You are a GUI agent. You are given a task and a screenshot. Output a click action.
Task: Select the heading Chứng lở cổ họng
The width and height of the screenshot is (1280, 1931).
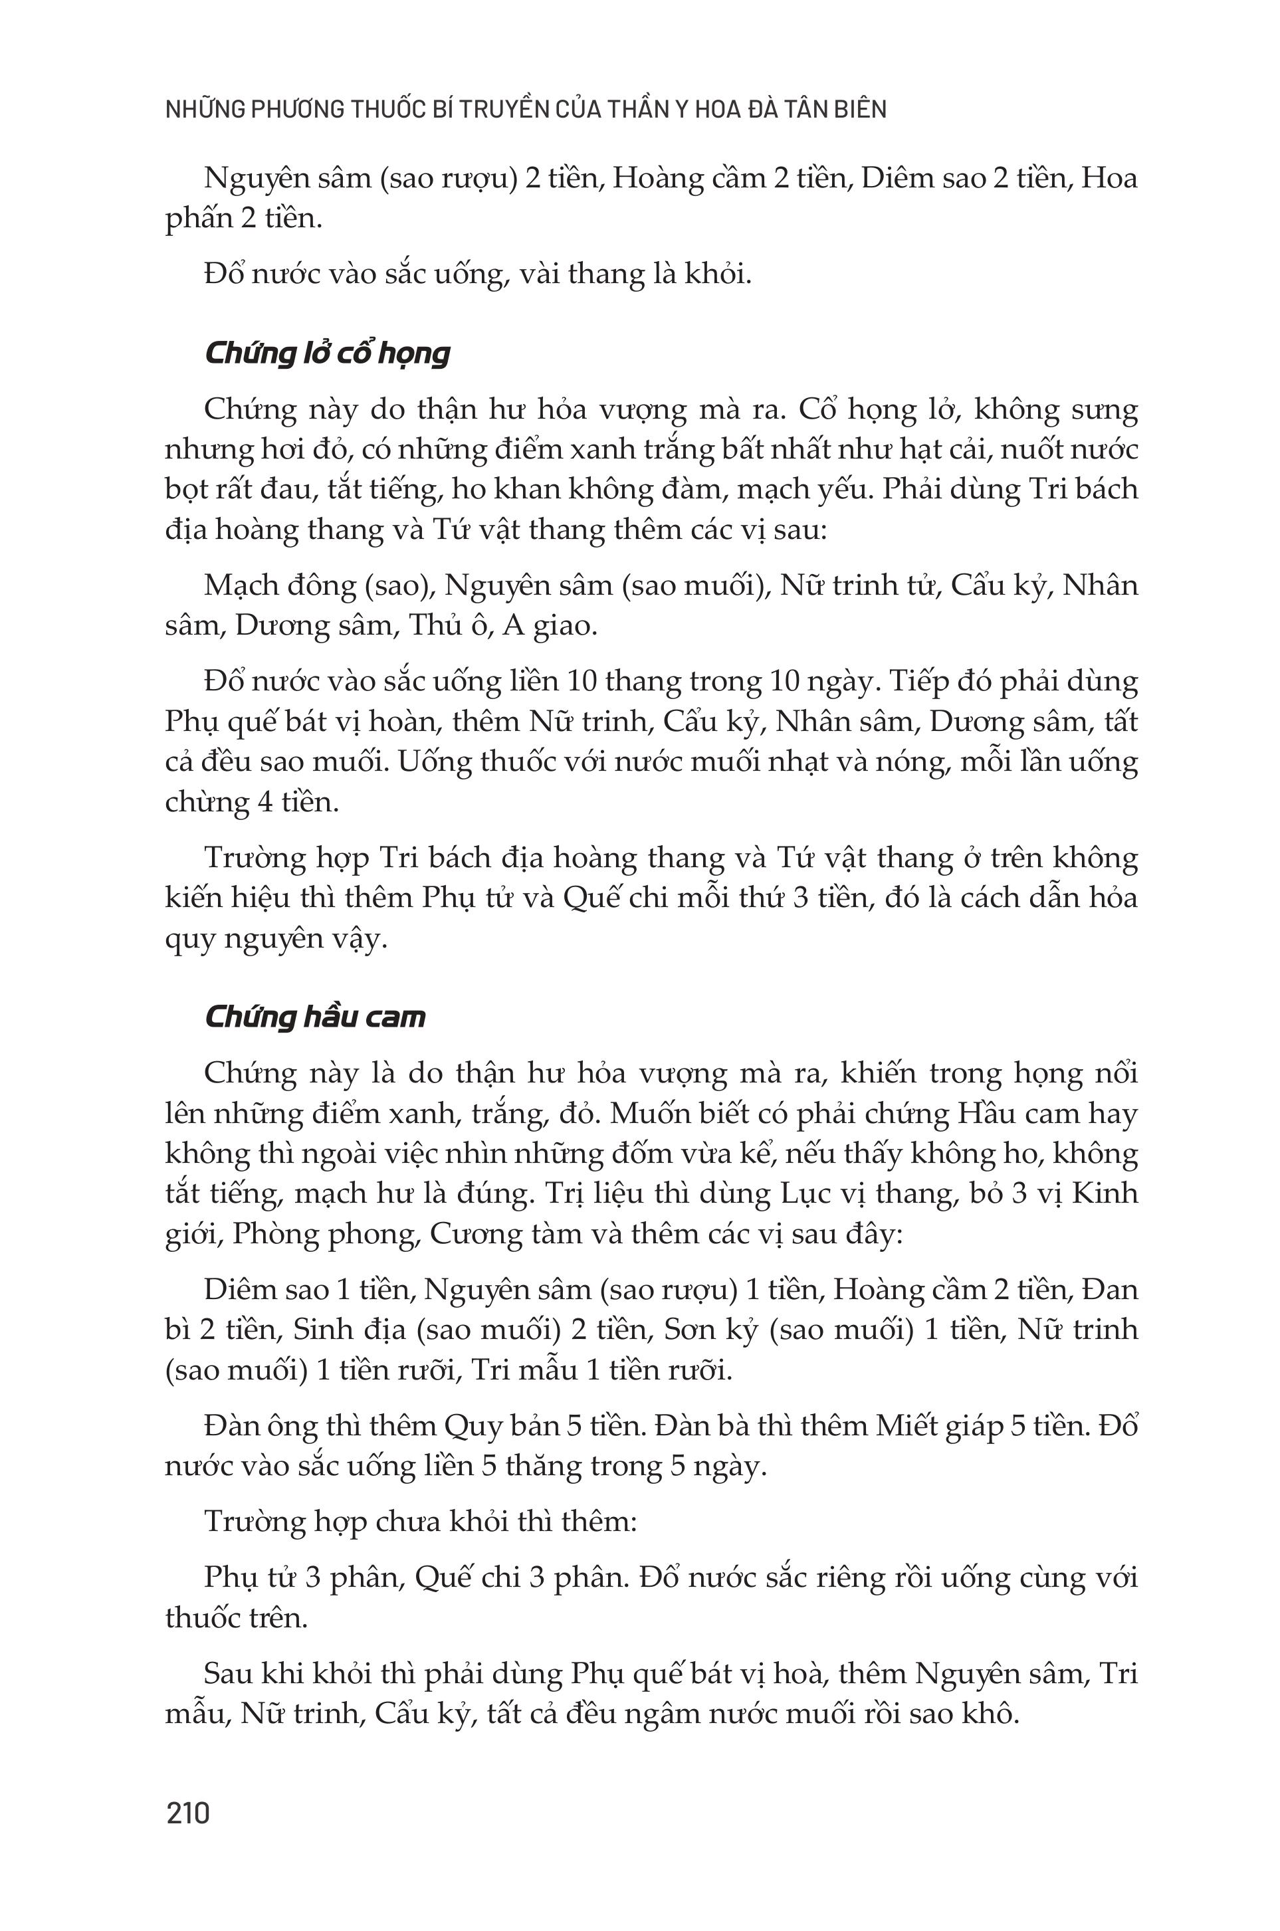(x=326, y=354)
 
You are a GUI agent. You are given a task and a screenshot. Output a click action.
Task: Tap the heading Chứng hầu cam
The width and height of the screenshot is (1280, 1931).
(x=315, y=1017)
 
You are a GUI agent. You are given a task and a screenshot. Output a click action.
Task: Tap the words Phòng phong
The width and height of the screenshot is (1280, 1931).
(x=326, y=1233)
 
